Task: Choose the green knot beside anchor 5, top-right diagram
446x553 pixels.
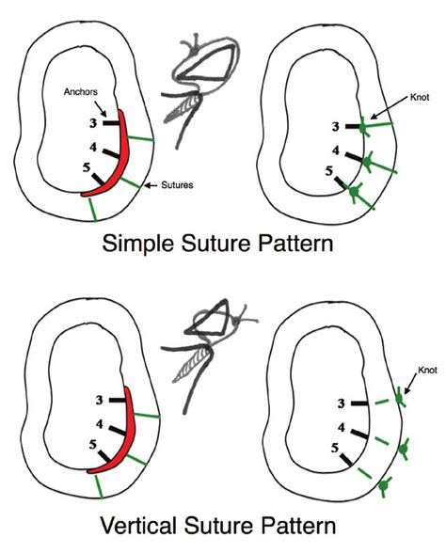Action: pyautogui.click(x=355, y=192)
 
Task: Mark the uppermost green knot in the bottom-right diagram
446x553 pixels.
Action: pyautogui.click(x=400, y=399)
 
